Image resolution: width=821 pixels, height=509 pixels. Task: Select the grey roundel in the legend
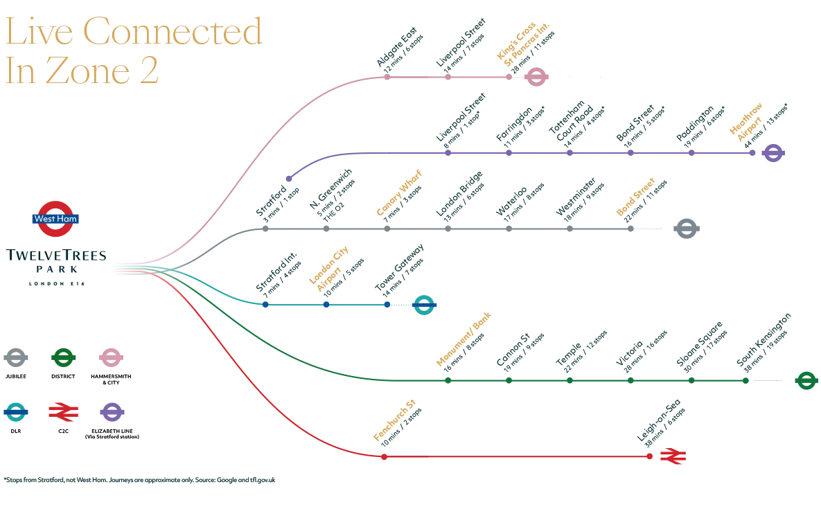17,358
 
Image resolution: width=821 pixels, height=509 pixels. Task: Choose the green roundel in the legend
64,357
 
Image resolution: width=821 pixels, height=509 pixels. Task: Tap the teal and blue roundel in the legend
17,413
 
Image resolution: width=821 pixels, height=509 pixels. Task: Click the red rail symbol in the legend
64,413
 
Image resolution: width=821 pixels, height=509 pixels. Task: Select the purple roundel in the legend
113,413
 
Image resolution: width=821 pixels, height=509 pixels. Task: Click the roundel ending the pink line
535,77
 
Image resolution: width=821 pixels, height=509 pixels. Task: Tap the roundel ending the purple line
774,153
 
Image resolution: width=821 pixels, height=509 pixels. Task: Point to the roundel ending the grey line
687,229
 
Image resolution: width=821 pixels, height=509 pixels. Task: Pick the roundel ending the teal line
423,305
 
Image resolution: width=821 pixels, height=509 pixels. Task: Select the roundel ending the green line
806,381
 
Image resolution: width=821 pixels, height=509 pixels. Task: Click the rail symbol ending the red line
673,456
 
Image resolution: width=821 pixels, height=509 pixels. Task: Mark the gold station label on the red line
394,421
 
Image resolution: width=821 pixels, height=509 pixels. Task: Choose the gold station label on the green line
464,339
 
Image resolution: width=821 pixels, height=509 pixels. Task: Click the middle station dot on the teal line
326,304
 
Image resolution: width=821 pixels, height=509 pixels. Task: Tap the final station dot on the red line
649,456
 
